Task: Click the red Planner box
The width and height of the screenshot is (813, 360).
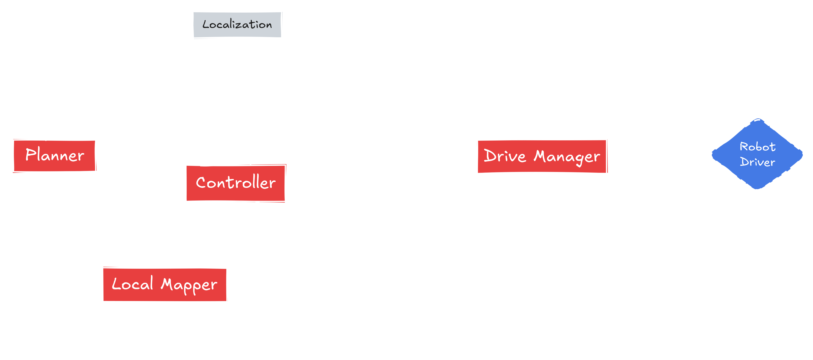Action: tap(54, 156)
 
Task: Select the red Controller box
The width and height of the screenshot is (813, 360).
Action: tap(235, 183)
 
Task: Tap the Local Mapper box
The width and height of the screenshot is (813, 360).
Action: tap(164, 284)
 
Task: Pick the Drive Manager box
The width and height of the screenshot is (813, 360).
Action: tap(542, 156)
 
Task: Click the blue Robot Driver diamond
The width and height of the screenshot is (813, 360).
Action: tap(757, 155)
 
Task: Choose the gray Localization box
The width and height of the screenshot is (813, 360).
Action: tap(237, 25)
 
